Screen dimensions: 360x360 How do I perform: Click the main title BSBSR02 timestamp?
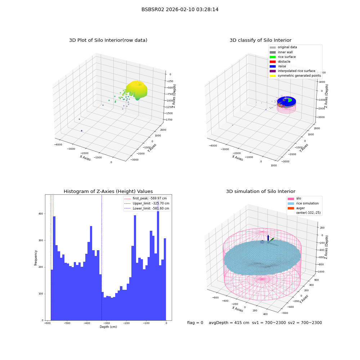(180, 9)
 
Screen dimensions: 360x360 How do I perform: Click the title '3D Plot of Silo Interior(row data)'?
(108, 40)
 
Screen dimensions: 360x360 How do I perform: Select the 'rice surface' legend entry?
(283, 57)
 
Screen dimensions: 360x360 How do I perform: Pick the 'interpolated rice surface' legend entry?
(292, 71)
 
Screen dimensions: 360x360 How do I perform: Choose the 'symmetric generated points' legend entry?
(295, 76)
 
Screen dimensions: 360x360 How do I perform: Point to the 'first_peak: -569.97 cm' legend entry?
(145, 198)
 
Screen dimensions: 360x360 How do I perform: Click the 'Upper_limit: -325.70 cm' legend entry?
(147, 203)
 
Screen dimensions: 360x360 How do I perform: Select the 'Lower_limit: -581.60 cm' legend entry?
(147, 208)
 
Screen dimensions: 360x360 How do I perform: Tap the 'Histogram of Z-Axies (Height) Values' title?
(108, 192)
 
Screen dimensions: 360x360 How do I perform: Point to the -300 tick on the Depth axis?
(107, 323)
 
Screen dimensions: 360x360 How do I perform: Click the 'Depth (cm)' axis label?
(108, 327)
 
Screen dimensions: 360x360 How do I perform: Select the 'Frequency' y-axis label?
(36, 258)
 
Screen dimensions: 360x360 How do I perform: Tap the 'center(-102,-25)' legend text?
(309, 213)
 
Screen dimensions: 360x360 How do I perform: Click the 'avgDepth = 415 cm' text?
(229, 323)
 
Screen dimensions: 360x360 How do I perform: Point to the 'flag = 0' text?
(195, 323)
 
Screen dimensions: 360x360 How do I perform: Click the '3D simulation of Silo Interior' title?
(261, 192)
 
